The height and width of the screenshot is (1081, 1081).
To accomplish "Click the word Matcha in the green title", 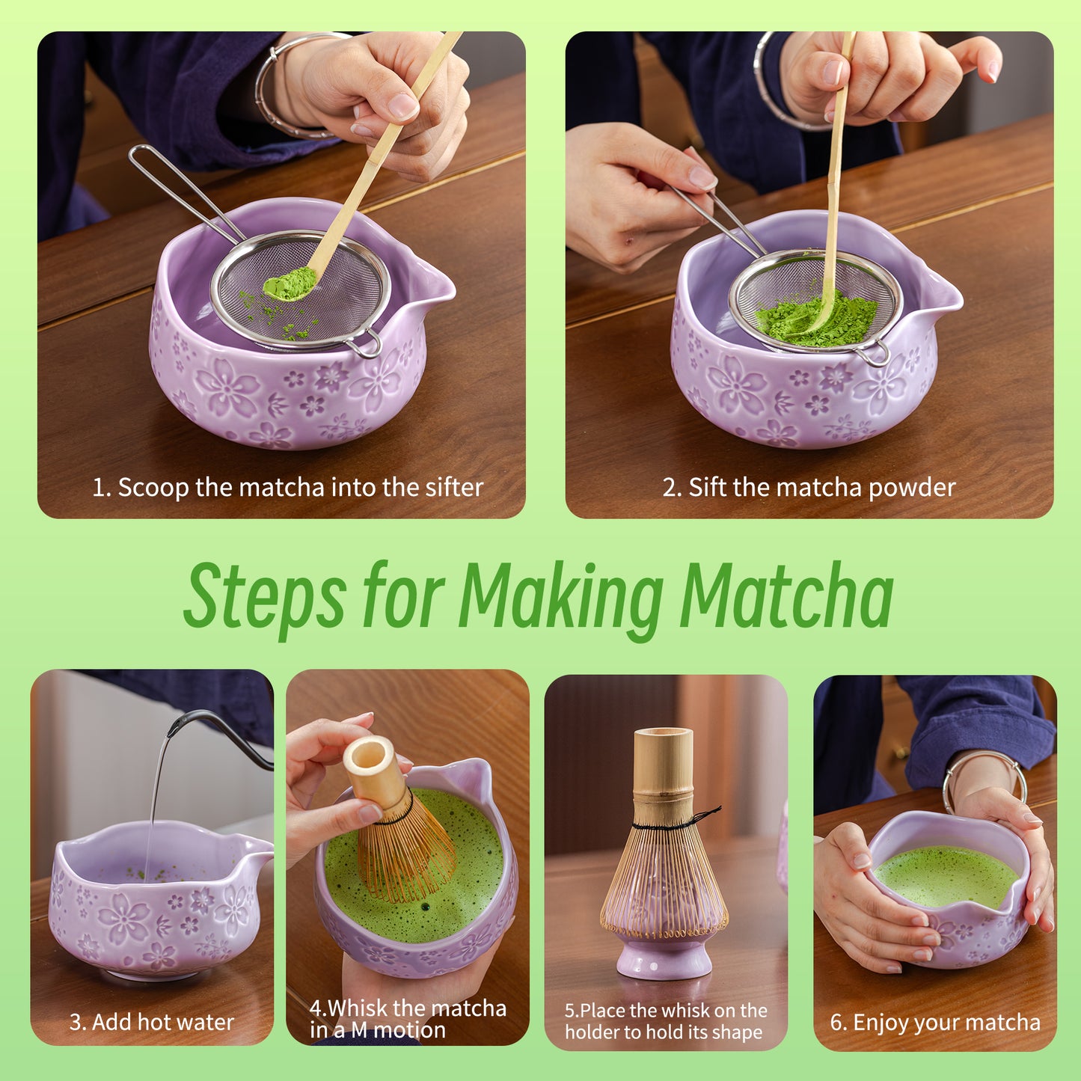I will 786,596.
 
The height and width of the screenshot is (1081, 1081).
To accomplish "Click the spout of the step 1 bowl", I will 438,286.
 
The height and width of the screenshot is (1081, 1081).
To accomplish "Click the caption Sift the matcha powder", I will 809,488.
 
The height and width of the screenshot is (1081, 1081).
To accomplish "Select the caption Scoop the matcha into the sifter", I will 287,488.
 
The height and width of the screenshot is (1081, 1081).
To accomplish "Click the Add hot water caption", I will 152,1022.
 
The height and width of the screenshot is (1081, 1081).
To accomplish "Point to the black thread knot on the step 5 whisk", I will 707,815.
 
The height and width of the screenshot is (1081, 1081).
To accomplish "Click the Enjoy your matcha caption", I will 935,1023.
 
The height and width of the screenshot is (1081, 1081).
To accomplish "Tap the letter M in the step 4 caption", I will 359,1031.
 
